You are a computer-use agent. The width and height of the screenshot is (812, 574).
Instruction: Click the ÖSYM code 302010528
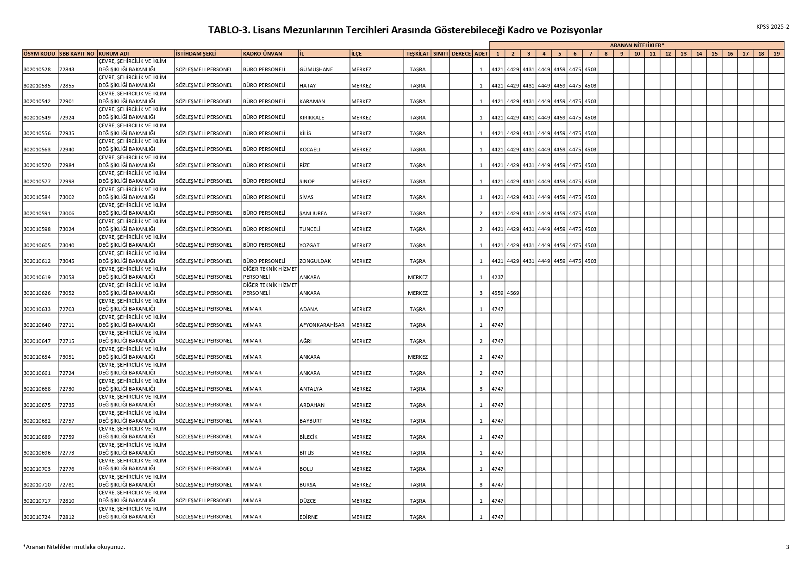click(37, 69)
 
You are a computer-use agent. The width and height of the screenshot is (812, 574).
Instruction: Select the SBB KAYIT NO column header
click(77, 54)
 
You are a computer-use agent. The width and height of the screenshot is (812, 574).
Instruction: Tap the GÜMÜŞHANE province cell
click(316, 69)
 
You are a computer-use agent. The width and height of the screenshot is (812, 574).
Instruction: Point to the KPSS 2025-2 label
click(773, 27)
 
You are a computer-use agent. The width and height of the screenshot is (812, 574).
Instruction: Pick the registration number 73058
click(67, 277)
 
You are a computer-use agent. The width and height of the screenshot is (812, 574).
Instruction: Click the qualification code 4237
click(497, 277)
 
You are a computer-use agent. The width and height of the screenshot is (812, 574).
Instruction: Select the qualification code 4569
click(513, 293)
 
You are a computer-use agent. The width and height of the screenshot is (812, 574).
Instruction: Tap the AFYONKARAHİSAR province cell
click(322, 325)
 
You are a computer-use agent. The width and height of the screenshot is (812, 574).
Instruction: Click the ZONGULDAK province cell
click(315, 261)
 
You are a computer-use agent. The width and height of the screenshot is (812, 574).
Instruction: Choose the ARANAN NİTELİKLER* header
click(637, 45)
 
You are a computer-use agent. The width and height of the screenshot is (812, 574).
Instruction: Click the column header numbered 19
click(776, 54)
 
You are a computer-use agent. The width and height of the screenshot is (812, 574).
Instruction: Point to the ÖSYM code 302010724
click(37, 517)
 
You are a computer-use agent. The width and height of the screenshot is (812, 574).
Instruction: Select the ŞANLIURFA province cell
click(313, 213)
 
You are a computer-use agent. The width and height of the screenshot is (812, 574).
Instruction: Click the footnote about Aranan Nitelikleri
click(74, 547)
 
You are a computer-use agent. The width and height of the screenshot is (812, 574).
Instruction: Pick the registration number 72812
click(67, 517)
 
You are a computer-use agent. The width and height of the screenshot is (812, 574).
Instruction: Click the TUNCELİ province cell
click(310, 229)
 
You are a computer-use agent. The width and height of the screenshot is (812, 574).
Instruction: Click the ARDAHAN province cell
click(312, 405)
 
